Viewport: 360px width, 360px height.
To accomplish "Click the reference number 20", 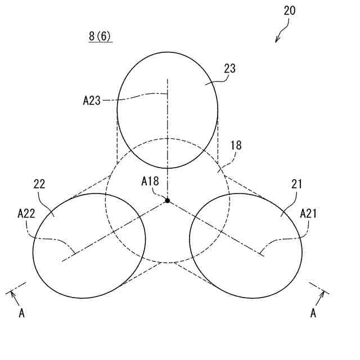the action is click(290, 10).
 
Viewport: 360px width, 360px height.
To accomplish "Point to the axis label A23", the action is click(92, 101).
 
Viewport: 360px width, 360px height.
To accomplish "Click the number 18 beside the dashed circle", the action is click(236, 145).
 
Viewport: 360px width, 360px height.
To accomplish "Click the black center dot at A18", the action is click(168, 200).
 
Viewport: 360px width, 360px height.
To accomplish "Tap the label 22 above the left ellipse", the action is click(39, 183).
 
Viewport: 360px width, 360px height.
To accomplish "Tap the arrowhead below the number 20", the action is click(277, 39).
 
